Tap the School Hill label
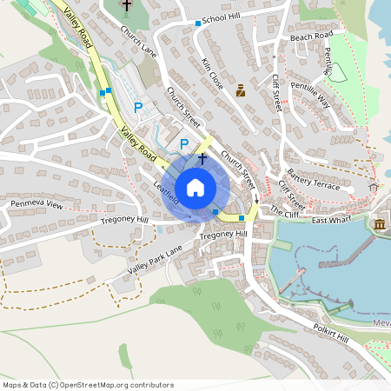tap(221, 19)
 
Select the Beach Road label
tap(311, 36)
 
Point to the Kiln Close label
tap(212, 75)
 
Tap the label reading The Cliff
tap(283, 211)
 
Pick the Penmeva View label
tap(37, 205)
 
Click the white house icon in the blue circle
tap(195, 187)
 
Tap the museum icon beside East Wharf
tap(380, 226)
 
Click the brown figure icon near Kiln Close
tap(241, 89)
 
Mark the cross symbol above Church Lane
tap(127, 5)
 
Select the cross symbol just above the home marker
tap(202, 159)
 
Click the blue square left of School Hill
tap(198, 23)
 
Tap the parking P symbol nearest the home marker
tap(183, 143)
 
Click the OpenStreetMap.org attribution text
tap(117, 385)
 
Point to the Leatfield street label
tap(166, 193)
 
